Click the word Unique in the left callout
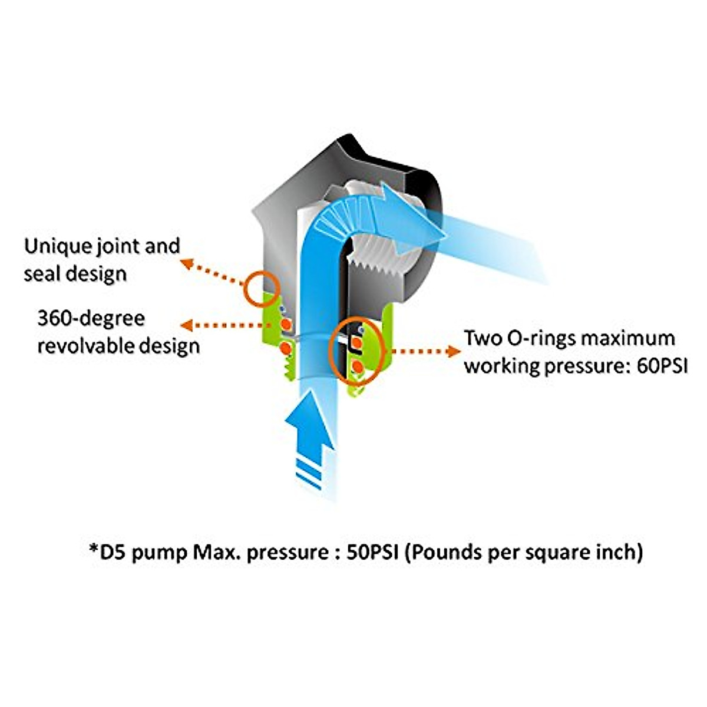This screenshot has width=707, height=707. (x=57, y=246)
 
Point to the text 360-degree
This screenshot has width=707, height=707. (x=91, y=319)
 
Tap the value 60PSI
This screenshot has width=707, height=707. (x=662, y=366)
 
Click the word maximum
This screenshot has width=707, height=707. (x=627, y=339)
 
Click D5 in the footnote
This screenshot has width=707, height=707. (x=114, y=552)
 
